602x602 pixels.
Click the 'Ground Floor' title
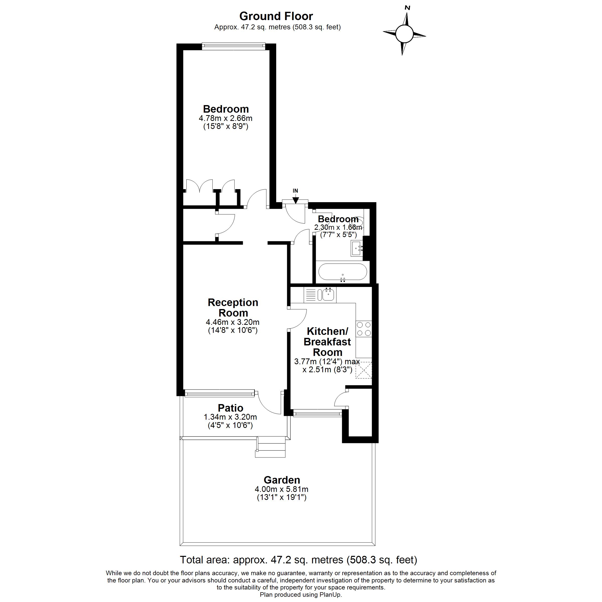[276, 16]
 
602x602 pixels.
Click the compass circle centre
[404, 34]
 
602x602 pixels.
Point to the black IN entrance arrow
[296, 200]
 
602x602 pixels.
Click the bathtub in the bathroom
[342, 273]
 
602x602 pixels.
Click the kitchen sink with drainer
[320, 294]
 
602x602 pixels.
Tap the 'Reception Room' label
[233, 308]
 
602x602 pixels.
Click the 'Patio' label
[231, 408]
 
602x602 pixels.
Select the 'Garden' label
[282, 480]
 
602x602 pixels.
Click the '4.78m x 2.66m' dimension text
[225, 118]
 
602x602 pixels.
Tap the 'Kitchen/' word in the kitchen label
[328, 331]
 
